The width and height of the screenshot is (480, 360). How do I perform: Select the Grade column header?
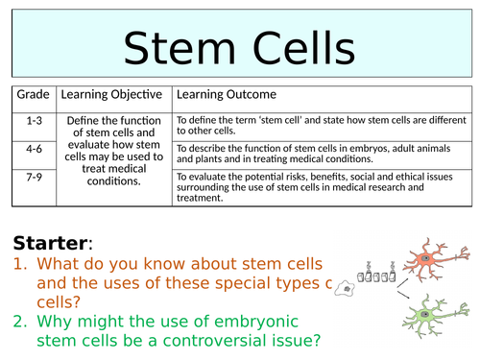(33, 96)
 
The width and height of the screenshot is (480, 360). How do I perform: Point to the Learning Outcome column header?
(227, 96)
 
